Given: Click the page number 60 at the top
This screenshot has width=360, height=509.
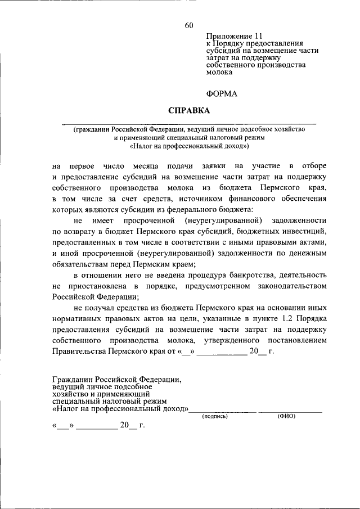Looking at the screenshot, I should tap(188, 25).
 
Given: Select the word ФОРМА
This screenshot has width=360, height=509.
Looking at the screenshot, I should tap(221, 94).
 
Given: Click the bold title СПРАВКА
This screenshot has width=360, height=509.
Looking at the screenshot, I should tap(188, 110).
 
